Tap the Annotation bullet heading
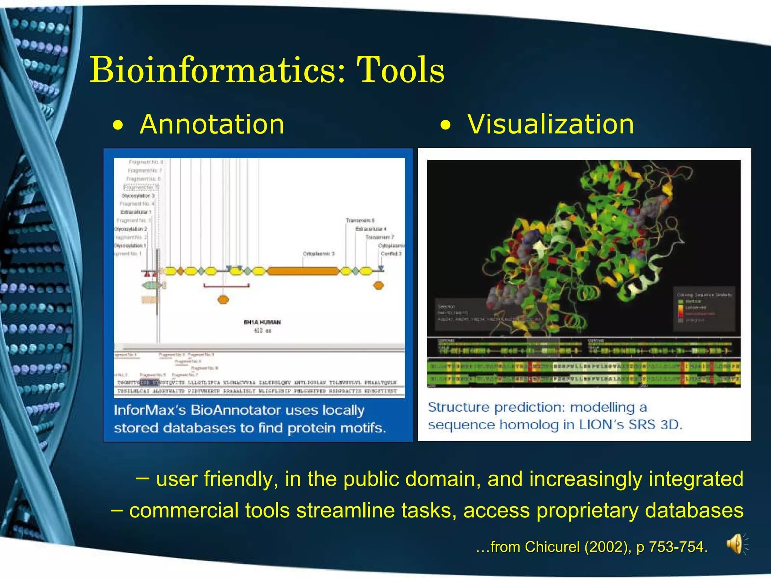pos(212,125)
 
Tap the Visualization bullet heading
pos(550,125)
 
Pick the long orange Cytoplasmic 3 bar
pos(303,271)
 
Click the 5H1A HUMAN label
pos(262,322)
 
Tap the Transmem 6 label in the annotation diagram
pos(360,221)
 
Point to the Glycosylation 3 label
pos(138,196)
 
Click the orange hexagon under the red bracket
pos(223,300)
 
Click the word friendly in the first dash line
pos(241,479)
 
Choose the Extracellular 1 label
pos(136,212)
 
